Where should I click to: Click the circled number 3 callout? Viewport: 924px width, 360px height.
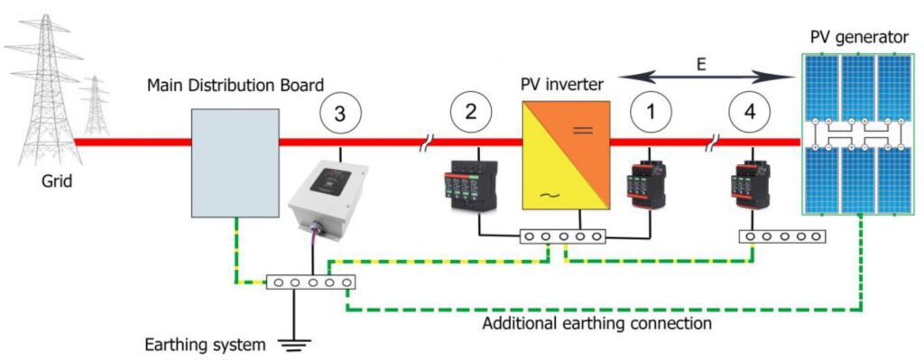click(x=339, y=114)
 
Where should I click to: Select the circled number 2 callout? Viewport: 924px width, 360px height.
click(x=469, y=114)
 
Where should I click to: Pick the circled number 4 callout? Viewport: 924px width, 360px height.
click(x=752, y=114)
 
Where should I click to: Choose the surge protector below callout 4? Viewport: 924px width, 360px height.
click(x=750, y=181)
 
